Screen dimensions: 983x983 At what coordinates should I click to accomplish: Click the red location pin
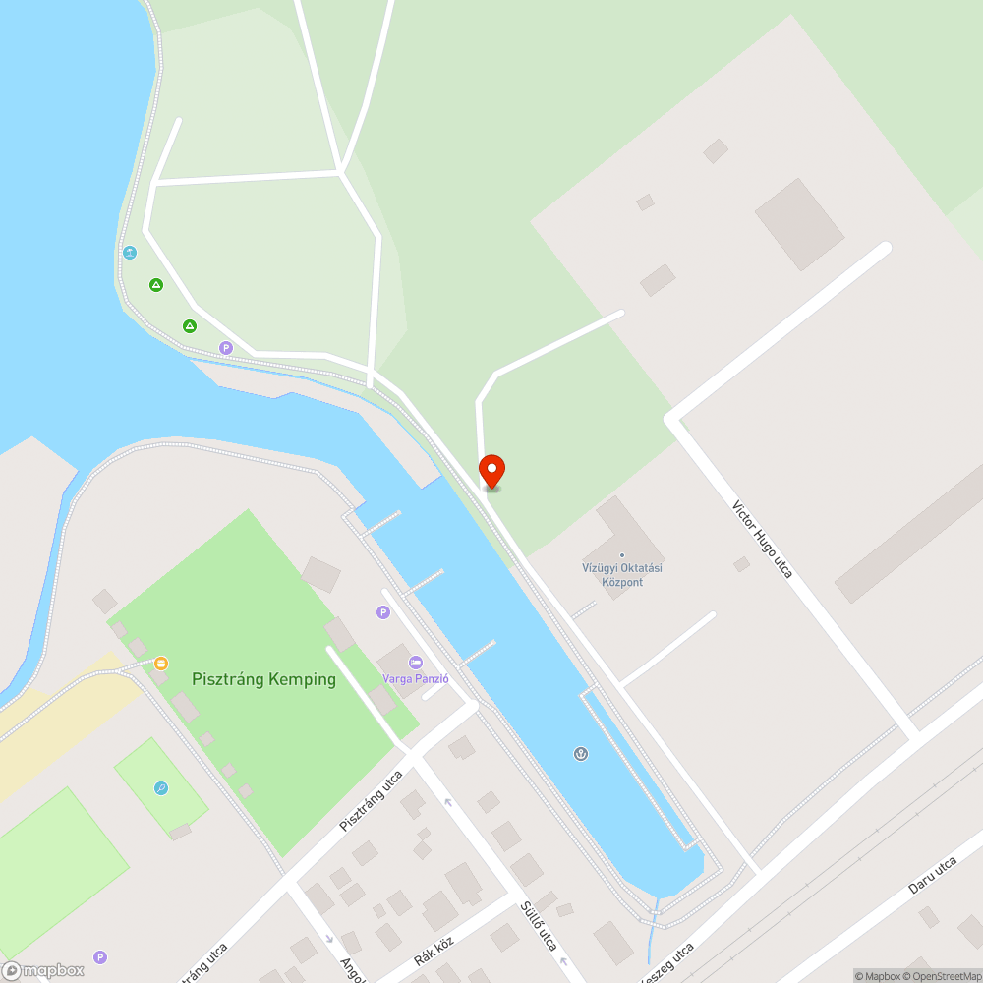(491, 471)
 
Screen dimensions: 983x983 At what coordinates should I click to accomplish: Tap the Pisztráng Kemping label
(263, 679)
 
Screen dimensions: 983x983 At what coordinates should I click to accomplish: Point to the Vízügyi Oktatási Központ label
(621, 575)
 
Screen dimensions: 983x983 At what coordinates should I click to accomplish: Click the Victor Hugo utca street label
(762, 539)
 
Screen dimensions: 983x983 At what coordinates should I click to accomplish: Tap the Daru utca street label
(932, 874)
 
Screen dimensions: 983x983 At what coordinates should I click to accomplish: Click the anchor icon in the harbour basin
(581, 754)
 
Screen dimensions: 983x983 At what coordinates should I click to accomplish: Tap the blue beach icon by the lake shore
(129, 253)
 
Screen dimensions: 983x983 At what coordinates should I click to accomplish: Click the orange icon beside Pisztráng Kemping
(160, 664)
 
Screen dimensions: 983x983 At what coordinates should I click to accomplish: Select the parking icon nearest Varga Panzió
(383, 612)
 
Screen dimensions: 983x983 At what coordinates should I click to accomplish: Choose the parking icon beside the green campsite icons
(226, 347)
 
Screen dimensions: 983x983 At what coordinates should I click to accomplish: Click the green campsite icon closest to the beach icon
(155, 285)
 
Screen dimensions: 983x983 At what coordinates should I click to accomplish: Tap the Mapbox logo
(43, 970)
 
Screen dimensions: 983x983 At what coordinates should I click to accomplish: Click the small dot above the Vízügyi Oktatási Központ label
(621, 555)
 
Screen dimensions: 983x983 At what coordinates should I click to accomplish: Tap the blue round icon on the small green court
(161, 788)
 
